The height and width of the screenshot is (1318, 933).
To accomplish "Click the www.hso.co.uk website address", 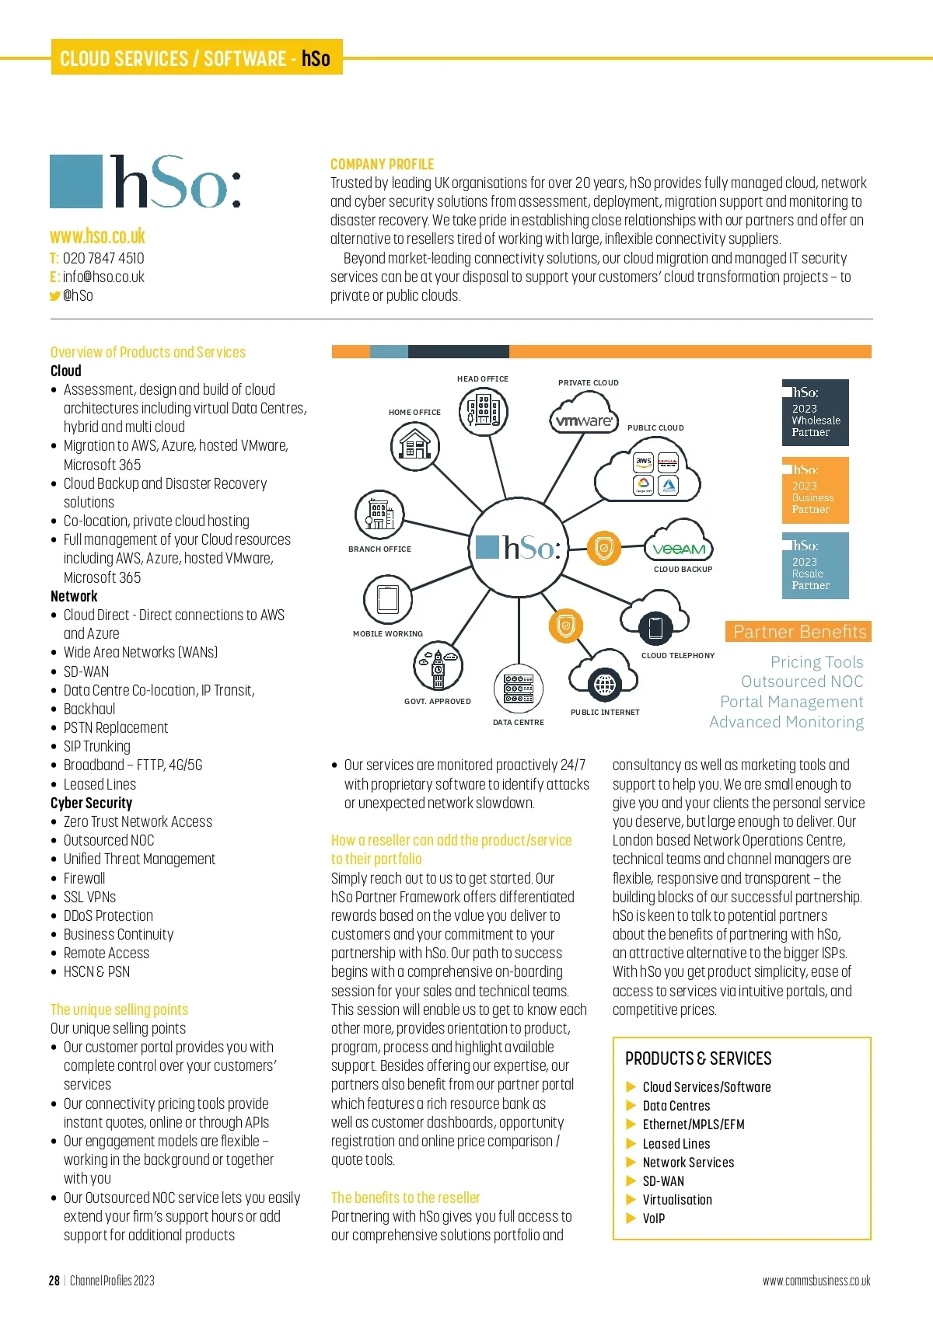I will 97,236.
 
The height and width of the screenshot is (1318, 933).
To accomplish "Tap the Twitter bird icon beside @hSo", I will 54,296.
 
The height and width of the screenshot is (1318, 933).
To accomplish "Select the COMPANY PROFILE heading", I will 382,164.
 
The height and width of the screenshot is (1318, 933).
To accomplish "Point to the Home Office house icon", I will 414,446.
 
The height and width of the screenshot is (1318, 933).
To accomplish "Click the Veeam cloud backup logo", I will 679,549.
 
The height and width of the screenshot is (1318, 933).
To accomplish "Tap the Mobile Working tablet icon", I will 387,599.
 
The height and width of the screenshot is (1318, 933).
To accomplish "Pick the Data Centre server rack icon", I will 518,688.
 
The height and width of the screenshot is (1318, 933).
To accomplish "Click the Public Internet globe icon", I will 605,685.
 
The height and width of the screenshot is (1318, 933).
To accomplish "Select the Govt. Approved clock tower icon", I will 438,667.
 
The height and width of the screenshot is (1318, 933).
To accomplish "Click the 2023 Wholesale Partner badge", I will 815,413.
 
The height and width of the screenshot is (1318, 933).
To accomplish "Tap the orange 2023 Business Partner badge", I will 815,490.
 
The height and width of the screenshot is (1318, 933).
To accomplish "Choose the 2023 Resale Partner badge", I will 815,566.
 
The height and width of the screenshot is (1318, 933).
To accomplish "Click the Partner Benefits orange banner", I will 798,632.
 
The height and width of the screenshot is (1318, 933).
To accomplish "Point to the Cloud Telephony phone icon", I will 655,626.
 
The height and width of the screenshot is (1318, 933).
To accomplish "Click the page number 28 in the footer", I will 54,1281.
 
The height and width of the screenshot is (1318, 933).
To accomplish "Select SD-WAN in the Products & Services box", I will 663,1181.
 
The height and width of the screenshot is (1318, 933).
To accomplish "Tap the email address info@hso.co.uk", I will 103,277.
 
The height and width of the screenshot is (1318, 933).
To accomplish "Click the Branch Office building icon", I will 379,514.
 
